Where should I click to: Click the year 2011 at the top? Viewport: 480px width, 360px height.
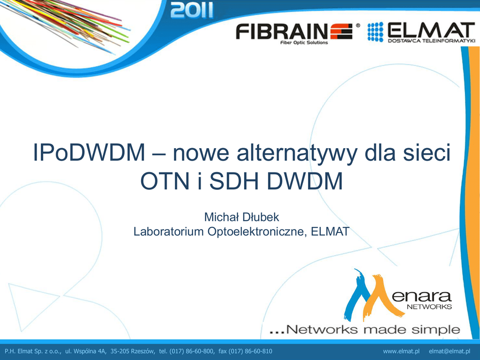192,10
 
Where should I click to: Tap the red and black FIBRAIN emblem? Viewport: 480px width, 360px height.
341,31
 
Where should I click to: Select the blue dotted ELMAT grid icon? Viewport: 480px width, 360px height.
375,32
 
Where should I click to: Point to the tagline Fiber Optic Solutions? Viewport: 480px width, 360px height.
304,43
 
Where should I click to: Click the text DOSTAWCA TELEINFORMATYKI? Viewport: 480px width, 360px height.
431,40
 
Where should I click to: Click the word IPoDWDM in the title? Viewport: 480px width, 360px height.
89,152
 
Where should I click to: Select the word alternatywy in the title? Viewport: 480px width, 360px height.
297,153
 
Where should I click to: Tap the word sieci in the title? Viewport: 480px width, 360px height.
427,152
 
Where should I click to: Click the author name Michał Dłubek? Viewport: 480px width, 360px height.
241,217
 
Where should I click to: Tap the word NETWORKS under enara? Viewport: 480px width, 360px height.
429,307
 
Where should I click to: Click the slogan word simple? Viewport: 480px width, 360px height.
435,330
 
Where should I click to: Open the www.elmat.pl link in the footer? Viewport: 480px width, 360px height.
401,351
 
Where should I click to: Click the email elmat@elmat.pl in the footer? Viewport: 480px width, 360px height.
450,351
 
